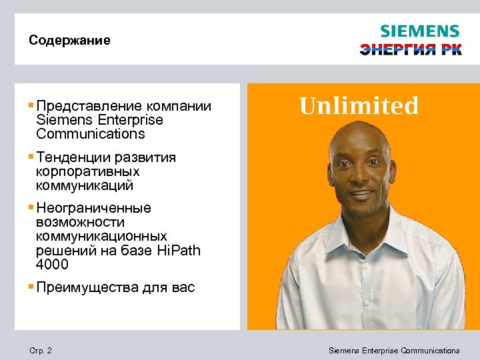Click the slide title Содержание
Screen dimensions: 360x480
pyautogui.click(x=69, y=41)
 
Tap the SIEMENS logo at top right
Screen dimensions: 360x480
pyautogui.click(x=419, y=31)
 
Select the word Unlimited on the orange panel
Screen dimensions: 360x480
pyautogui.click(x=359, y=106)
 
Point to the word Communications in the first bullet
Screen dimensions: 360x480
pyautogui.click(x=91, y=134)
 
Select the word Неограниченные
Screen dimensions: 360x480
pyautogui.click(x=94, y=208)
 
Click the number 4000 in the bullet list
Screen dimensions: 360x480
pyautogui.click(x=53, y=265)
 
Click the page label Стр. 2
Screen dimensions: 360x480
pyautogui.click(x=41, y=351)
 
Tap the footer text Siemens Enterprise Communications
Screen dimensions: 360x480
pyautogui.click(x=394, y=351)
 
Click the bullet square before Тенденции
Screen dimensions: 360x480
pyautogui.click(x=31, y=157)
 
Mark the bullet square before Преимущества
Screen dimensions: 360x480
pyautogui.click(x=31, y=287)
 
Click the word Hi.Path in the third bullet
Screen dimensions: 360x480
pyautogui.click(x=177, y=251)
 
